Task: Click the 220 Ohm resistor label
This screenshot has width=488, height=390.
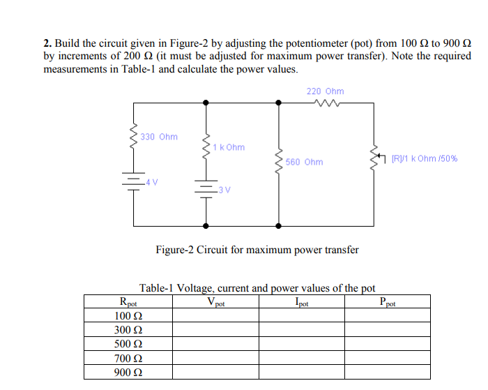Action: tap(325, 91)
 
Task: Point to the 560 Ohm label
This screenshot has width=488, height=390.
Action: tap(304, 162)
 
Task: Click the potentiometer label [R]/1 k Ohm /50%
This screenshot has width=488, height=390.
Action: tap(424, 158)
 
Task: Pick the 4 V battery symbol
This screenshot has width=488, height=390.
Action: tap(134, 182)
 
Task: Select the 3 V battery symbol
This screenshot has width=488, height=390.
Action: tap(205, 188)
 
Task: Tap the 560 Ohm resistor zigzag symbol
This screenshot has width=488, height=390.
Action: tap(279, 162)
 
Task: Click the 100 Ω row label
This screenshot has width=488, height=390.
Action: tap(128, 316)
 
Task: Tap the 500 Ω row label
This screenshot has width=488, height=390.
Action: tap(128, 344)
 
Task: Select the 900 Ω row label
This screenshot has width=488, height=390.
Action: tap(128, 372)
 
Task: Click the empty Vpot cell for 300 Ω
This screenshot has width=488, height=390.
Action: tap(216, 330)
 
